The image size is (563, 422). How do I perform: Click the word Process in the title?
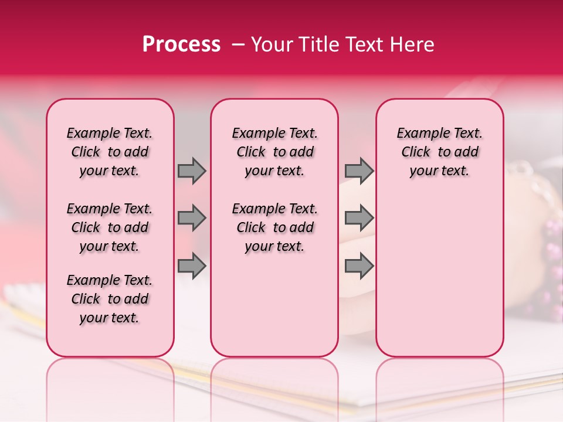[x=181, y=45]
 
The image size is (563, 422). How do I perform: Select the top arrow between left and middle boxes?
[x=192, y=171]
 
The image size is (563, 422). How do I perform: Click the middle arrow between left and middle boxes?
[x=192, y=218]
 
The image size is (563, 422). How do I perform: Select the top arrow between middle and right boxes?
[x=359, y=171]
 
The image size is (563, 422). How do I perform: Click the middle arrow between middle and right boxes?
[x=359, y=218]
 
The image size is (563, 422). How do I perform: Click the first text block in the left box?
[x=110, y=152]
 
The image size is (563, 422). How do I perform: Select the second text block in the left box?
[x=110, y=227]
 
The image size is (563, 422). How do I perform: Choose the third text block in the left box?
[x=110, y=299]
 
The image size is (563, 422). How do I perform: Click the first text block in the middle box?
[x=274, y=152]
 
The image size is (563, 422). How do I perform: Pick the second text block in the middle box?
[x=274, y=227]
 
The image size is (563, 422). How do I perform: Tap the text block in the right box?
[x=439, y=152]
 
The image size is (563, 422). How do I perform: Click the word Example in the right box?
[x=418, y=133]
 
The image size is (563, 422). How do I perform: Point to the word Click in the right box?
[x=416, y=152]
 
